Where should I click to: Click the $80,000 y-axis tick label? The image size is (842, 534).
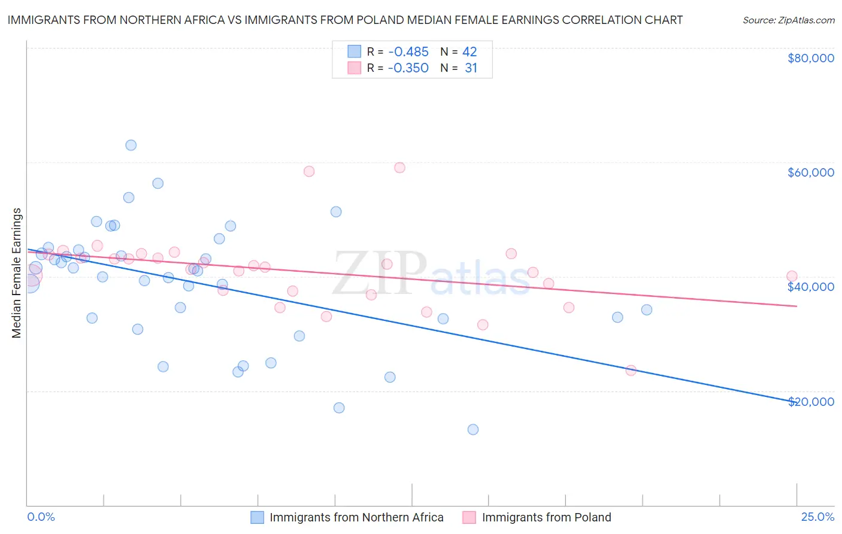810,58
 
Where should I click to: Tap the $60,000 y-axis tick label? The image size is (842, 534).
810,172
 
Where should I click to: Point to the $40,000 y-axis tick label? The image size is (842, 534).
810,287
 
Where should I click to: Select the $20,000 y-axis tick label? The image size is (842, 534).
810,402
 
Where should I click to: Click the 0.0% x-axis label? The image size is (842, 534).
41,517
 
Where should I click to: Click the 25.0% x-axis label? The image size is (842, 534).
817,517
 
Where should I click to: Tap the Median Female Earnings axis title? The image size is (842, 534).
17,273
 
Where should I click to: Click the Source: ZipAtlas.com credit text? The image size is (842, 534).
788,20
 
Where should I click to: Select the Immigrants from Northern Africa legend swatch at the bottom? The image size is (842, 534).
257,517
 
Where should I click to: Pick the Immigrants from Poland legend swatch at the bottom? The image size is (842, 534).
469,517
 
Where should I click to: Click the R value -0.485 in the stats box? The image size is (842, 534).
408,51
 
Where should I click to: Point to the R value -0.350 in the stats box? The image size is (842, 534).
408,68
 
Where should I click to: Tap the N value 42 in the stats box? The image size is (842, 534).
470,51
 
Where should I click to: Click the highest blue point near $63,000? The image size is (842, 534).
131,145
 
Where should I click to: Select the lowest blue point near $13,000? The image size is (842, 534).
473,429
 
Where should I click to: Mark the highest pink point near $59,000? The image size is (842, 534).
399,168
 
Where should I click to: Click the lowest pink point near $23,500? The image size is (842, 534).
631,371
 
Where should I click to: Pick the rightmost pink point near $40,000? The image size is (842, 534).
792,276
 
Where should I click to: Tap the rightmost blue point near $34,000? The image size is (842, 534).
647,310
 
